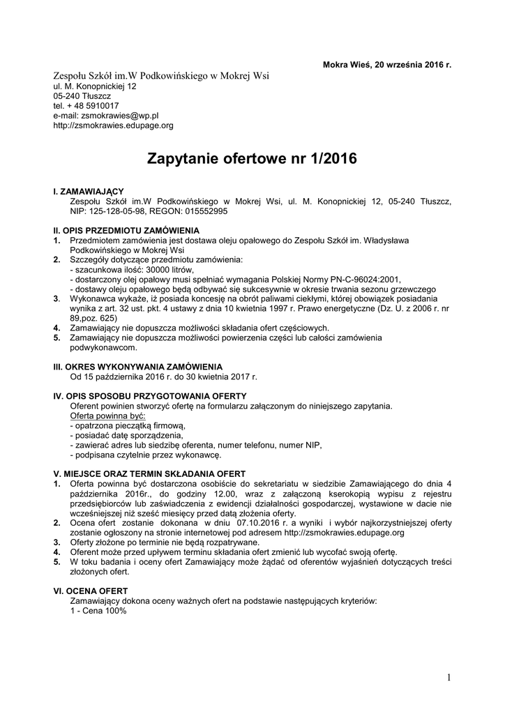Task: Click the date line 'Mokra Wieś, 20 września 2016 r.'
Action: (x=387, y=65)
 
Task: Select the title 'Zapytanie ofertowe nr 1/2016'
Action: (x=252, y=159)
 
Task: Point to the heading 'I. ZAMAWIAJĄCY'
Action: (x=89, y=191)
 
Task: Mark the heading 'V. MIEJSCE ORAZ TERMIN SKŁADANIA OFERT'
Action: (x=149, y=474)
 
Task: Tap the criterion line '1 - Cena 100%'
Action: (x=98, y=610)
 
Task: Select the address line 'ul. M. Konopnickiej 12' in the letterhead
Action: (x=95, y=86)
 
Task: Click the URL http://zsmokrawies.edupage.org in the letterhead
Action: (x=113, y=126)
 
